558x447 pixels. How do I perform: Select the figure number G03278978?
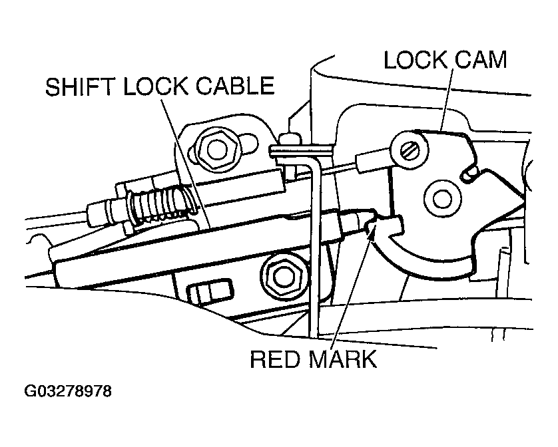tap(68, 391)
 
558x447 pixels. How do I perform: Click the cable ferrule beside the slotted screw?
tap(368, 160)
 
